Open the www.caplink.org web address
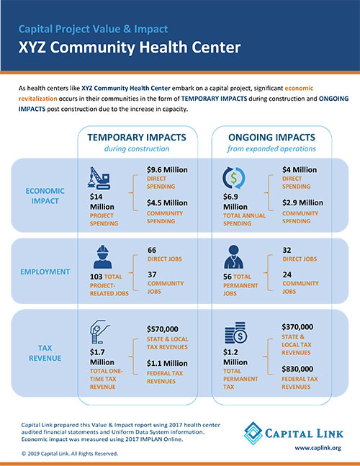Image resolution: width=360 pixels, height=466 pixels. pos(317,447)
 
